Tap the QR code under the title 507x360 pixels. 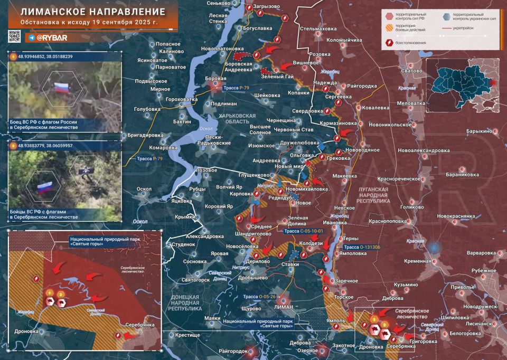(14, 37)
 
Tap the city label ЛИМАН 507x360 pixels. (285, 306)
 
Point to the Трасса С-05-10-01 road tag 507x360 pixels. (303, 231)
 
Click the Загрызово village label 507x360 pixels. (266, 6)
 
